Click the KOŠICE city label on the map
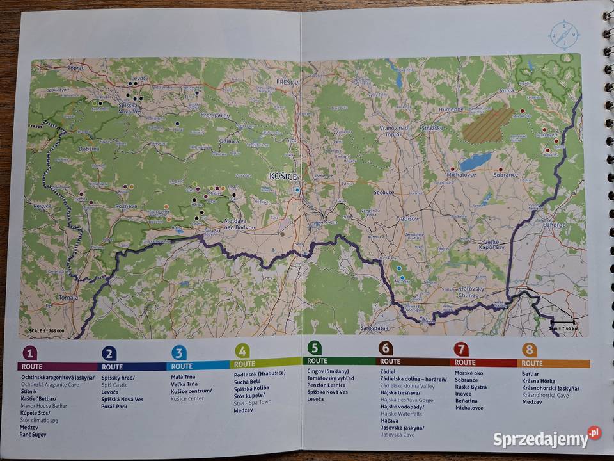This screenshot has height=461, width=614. coord(283,176)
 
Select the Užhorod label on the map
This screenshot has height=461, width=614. coord(554,225)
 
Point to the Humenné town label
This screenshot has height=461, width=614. coord(452,109)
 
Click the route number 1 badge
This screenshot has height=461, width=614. coord(29,353)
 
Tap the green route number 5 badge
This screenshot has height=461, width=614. coord(314,348)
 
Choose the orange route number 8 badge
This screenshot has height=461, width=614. coord(529,350)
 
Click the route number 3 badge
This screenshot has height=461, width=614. coord(179,352)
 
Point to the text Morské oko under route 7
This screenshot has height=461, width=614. coord(469,373)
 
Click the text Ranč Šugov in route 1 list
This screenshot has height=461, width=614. coord(33,435)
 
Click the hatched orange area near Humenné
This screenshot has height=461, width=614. coord(488,125)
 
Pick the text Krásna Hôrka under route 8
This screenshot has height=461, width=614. coord(538,381)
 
